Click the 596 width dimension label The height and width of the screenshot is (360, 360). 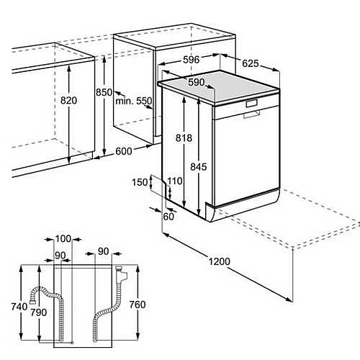191,60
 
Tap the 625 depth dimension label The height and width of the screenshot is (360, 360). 251,63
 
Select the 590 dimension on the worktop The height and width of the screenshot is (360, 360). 197,82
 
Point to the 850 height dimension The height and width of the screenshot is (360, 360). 104,92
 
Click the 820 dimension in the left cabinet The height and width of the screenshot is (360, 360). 68,100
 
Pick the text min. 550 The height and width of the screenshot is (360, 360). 134,101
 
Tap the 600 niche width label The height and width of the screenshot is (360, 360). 124,151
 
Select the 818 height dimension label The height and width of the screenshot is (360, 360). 184,138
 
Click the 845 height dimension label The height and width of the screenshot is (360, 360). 199,167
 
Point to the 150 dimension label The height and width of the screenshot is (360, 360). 140,182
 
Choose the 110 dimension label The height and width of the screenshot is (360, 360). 175,181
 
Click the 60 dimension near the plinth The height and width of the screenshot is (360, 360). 168,217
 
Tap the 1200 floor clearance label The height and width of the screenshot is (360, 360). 219,261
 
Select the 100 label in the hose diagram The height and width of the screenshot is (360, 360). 63,239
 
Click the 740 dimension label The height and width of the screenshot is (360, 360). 19,307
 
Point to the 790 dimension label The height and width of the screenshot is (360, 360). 38,312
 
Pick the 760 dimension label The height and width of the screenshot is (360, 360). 138,305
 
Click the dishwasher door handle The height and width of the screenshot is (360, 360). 252,114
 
